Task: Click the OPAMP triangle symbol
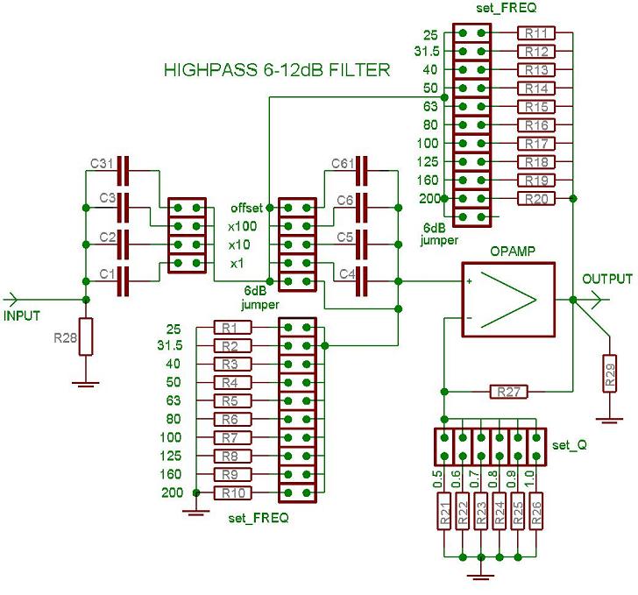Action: point(508,300)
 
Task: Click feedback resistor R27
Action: point(506,392)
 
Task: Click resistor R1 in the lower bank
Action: point(231,328)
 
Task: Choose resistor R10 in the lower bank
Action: point(231,493)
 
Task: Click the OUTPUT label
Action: point(606,280)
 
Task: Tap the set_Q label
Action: point(570,445)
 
